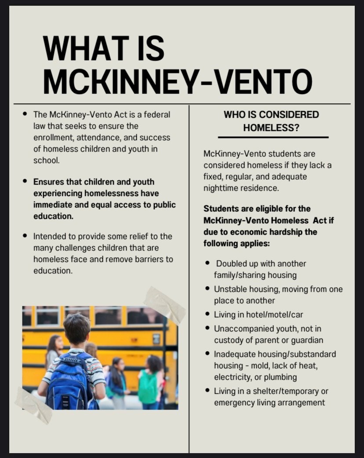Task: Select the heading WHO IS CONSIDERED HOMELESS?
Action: [271, 121]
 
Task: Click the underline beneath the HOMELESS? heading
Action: [273, 138]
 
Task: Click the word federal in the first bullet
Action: [156, 115]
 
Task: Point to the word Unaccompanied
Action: [241, 328]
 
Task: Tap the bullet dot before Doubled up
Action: [207, 263]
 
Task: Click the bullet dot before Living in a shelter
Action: [207, 391]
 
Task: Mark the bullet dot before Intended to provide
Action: [25, 236]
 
